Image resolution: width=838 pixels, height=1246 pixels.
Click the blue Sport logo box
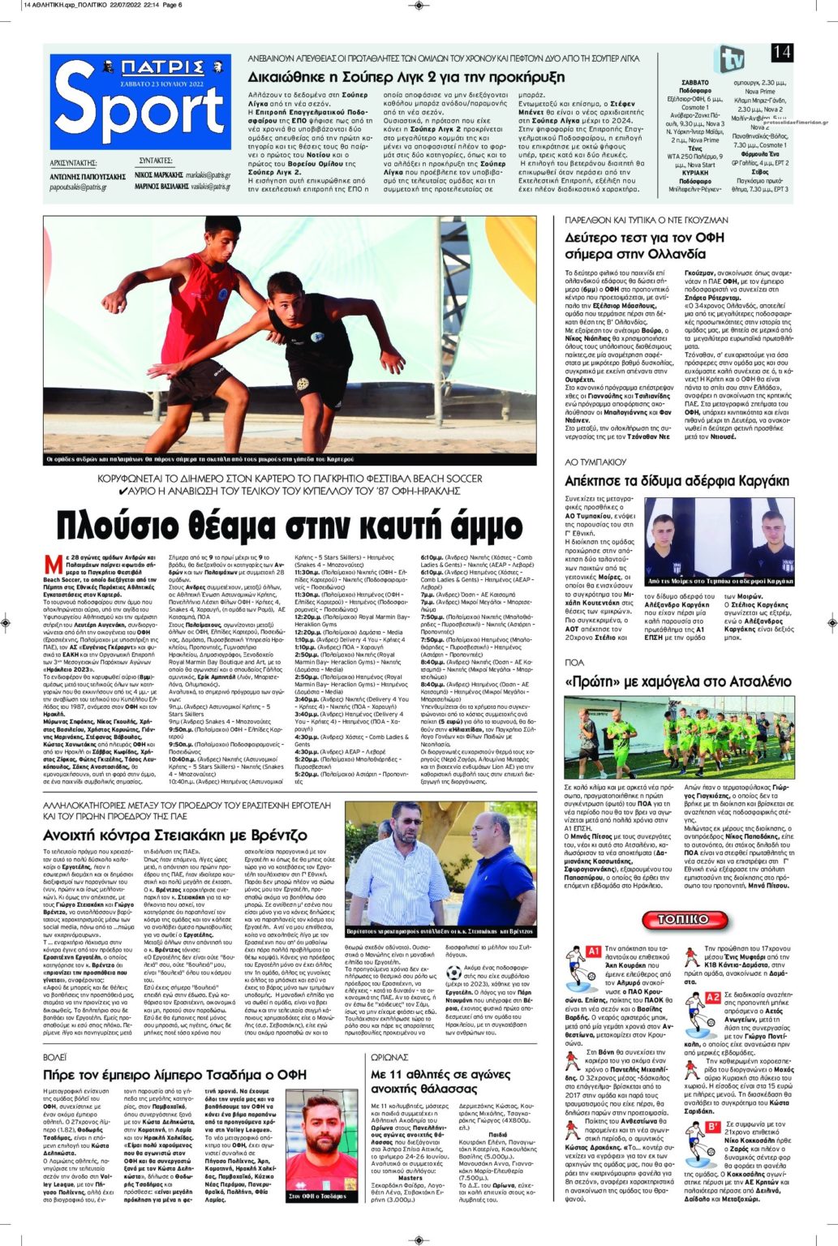(140, 101)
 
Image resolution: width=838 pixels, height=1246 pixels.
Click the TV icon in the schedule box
(728, 60)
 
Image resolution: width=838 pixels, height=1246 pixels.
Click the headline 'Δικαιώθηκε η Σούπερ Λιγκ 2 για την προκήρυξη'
(406, 77)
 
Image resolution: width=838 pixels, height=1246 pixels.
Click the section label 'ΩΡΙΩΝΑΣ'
(390, 1058)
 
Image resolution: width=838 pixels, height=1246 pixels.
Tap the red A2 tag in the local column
(712, 997)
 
